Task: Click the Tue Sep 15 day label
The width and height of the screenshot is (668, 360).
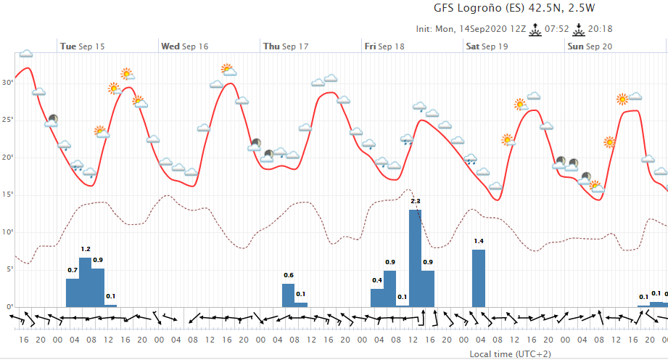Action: (82, 46)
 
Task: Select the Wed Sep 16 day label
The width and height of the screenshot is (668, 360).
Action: (184, 46)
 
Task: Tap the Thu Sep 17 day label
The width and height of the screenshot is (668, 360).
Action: (285, 46)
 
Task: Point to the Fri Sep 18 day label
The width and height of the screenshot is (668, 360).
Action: (384, 46)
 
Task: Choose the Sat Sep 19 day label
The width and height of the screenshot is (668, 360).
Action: (487, 46)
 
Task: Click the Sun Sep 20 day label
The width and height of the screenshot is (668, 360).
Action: (589, 46)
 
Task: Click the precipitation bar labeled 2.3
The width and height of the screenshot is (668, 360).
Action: (415, 258)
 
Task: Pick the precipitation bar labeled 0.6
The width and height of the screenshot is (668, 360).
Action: (288, 295)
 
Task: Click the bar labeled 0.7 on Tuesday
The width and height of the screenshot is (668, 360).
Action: (73, 292)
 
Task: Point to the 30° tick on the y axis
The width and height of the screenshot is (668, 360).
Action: (8, 82)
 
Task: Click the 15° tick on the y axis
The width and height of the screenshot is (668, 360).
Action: (8, 195)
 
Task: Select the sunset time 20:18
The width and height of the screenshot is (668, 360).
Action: (601, 30)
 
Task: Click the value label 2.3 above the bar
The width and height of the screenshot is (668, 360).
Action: (416, 200)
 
